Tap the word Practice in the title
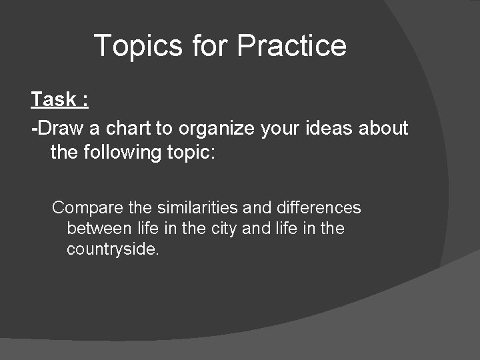pyautogui.click(x=291, y=46)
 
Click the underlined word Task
pyautogui.click(x=53, y=100)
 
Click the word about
pyautogui.click(x=383, y=127)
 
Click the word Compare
pyautogui.click(x=83, y=209)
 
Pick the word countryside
pyautogui.click(x=112, y=250)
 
